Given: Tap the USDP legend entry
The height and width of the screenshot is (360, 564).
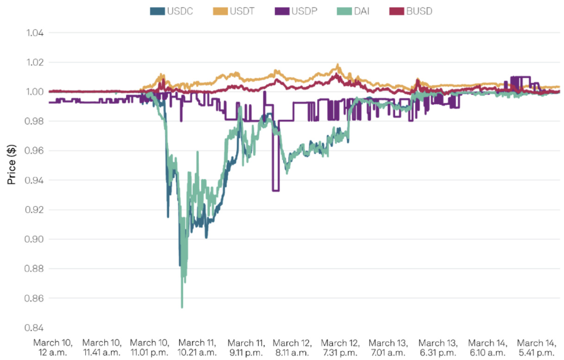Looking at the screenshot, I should (x=298, y=11).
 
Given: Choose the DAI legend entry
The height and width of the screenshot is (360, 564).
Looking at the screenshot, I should (x=356, y=11).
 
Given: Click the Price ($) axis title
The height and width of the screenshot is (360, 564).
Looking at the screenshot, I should (x=12, y=164).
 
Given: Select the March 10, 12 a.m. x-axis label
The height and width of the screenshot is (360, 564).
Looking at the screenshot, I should (x=53, y=347).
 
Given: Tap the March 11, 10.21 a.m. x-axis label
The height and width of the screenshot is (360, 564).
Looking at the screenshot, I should (x=198, y=347).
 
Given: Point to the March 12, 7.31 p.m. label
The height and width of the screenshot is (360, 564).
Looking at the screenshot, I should (x=340, y=347).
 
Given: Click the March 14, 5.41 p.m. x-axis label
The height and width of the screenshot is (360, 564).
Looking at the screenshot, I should (x=536, y=347).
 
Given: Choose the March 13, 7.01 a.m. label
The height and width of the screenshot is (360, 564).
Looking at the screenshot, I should (x=389, y=347).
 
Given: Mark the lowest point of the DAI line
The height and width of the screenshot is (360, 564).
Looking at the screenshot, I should (x=182, y=307).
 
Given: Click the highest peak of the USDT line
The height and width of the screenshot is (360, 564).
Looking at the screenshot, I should (x=338, y=65).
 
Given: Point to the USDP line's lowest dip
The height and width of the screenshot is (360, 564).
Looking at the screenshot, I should (x=276, y=190).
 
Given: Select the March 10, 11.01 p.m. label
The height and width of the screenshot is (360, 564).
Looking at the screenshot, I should (x=150, y=347).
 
